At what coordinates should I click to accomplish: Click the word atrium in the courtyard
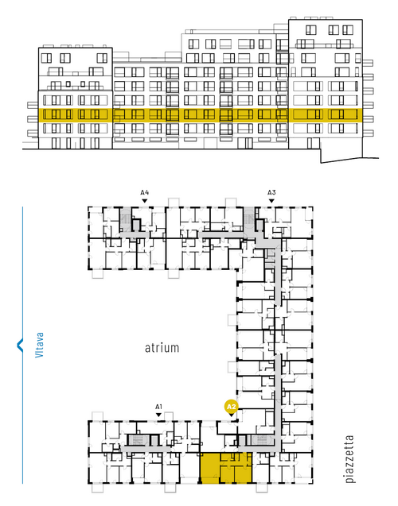coord(162,348)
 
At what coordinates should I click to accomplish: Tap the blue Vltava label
coord(39,345)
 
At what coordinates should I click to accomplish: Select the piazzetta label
coord(349,459)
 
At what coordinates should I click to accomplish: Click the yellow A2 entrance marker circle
coord(232,407)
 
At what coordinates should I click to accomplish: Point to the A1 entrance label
coord(158,407)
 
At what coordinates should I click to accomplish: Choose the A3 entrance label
coord(271,193)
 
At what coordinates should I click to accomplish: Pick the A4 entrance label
coord(145,193)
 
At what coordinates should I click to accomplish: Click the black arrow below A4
coord(145,201)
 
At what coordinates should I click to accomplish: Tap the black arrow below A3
coord(271,201)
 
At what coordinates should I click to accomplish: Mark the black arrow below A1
coord(158,415)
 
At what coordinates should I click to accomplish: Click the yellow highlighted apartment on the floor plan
coord(226,468)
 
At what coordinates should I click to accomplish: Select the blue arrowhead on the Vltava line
coord(20,345)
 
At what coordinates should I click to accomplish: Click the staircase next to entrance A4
coord(125,218)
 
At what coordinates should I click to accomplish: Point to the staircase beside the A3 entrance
coord(249,218)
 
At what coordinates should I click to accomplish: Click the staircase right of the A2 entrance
coord(263,439)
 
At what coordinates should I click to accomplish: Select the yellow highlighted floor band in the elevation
coord(200,115)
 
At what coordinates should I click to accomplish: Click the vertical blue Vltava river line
coord(22,345)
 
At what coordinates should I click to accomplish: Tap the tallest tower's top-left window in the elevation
coord(310,30)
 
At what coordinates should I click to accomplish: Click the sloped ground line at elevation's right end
coord(349,160)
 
